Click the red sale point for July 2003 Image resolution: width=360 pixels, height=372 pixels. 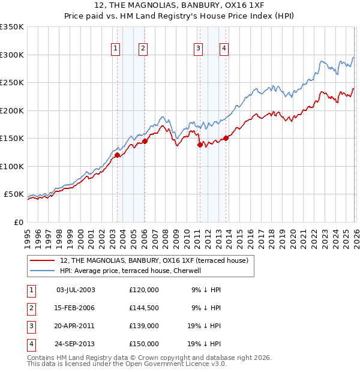pos(117,155)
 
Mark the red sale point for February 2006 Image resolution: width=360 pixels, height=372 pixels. pos(145,142)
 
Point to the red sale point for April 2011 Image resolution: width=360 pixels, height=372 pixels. pos(199,145)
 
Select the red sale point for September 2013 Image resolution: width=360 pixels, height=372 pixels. pos(226,139)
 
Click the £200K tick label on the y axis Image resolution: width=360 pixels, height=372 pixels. pos(12,110)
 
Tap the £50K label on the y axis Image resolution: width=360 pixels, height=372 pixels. pos(14,194)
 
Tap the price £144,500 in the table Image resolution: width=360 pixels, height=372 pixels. pos(144,308)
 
